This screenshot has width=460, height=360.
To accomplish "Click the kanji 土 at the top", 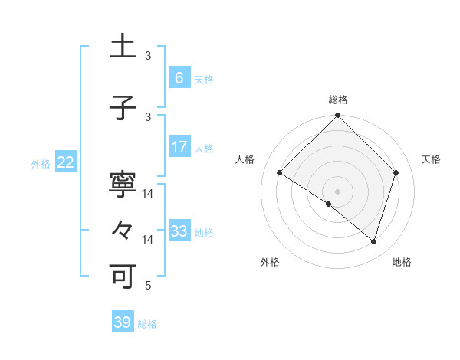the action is [x=124, y=48].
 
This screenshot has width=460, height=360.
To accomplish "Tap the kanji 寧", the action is [x=124, y=186].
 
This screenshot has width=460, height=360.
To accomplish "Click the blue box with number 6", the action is [x=179, y=78].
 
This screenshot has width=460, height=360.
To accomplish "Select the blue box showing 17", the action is [x=179, y=147].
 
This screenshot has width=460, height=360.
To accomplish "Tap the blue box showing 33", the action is [x=179, y=231].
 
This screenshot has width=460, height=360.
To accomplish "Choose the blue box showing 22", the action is [x=66, y=162].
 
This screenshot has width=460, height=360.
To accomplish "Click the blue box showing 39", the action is [x=122, y=322].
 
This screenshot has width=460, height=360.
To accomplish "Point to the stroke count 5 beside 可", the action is [x=149, y=286].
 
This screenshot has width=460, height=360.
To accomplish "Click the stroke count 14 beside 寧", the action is [x=149, y=195].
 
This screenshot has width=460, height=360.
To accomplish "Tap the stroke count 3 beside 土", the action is [x=149, y=56].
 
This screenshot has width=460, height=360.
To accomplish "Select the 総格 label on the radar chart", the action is [x=337, y=100].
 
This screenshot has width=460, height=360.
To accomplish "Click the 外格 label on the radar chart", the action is [x=270, y=262].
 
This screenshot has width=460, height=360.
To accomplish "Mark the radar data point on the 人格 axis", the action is [x=280, y=173].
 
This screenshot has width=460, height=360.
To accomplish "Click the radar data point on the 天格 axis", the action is [x=396, y=173].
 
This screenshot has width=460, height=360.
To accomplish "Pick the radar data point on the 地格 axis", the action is [x=373, y=241].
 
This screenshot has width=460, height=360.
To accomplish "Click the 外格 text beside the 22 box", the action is [x=41, y=163].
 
